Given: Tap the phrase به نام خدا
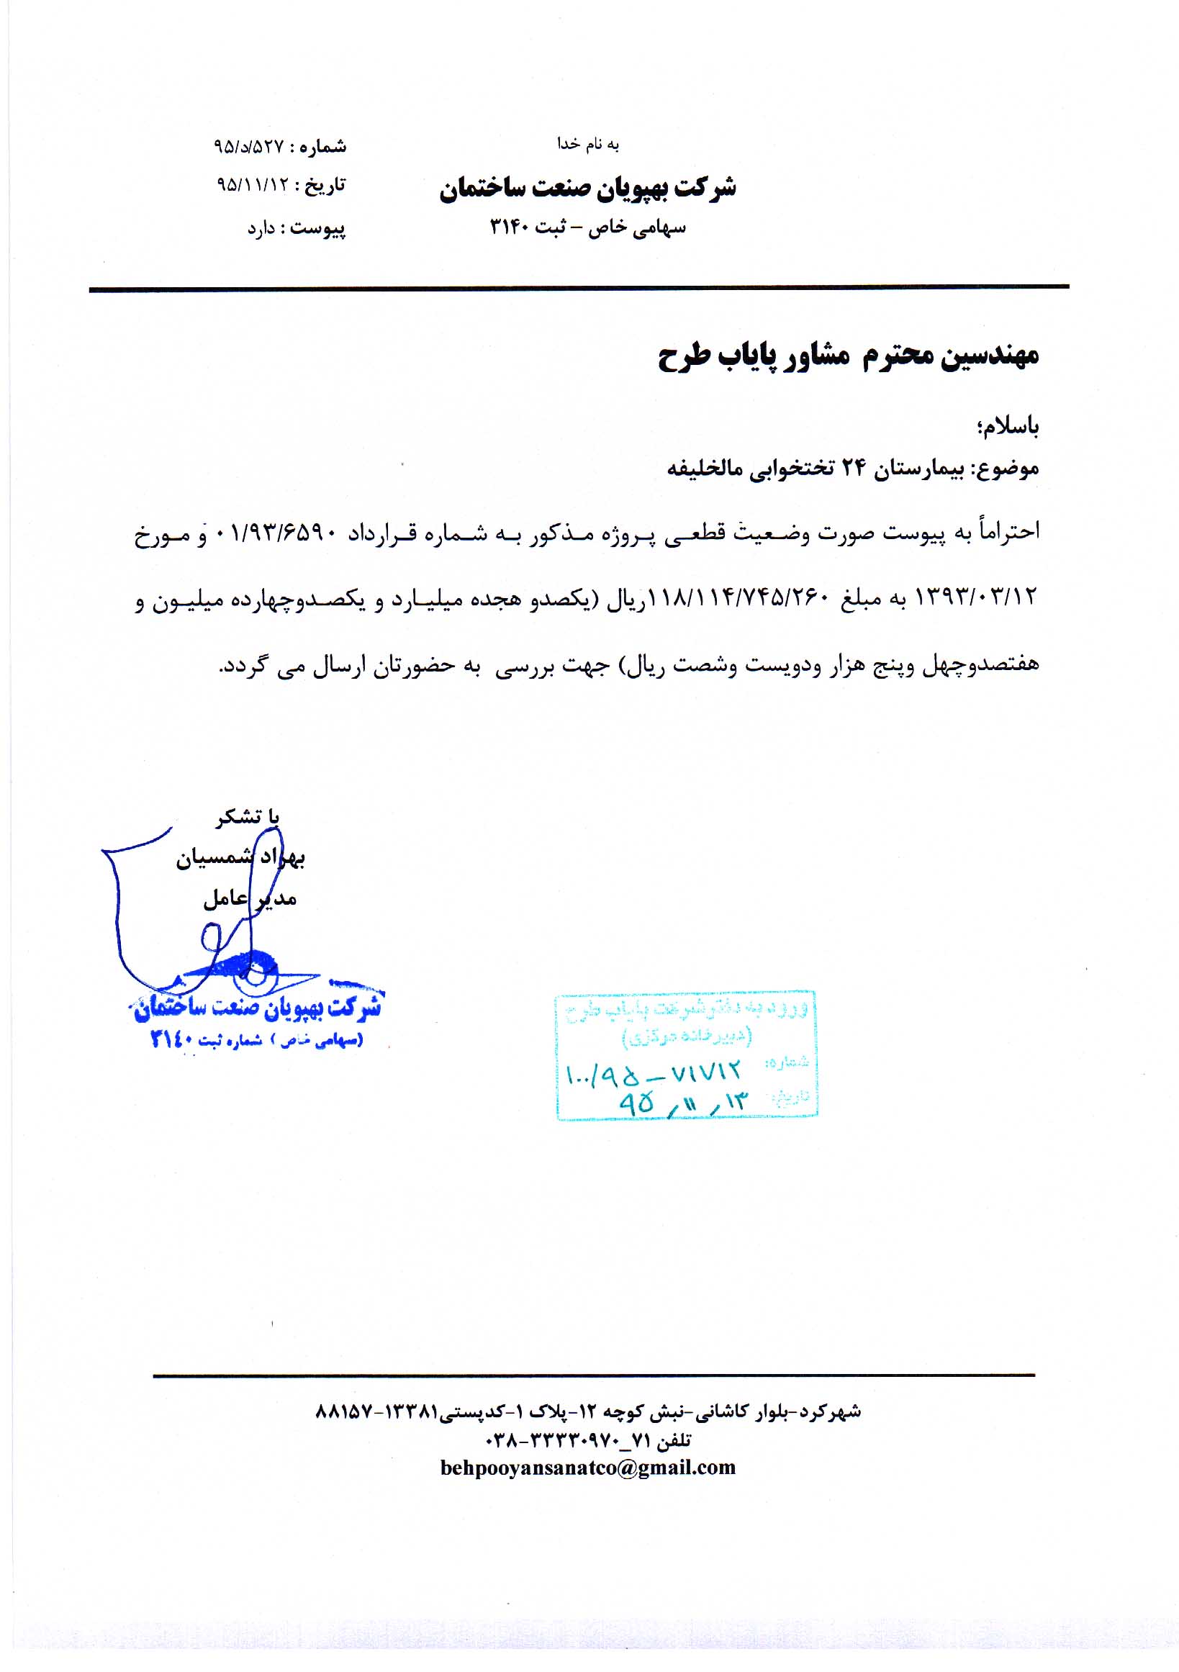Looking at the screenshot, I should (587, 144).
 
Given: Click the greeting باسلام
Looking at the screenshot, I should (1008, 427).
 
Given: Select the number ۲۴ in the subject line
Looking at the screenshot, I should (854, 469).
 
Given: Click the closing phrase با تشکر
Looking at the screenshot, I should (248, 817).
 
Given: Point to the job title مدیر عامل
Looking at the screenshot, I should (250, 899).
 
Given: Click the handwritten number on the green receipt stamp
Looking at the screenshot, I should (654, 1072).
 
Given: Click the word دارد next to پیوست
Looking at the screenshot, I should (261, 229).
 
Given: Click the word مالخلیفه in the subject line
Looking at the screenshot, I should (700, 469).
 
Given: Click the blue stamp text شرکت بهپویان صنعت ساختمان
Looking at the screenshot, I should (258, 1008).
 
